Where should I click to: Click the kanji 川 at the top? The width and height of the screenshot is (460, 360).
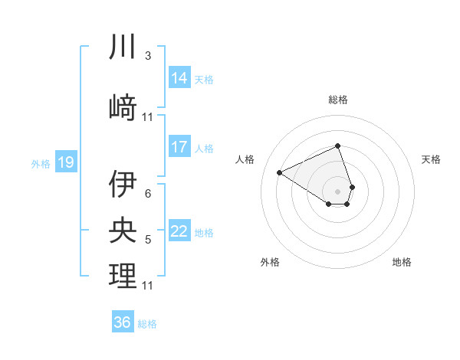tap(123, 47)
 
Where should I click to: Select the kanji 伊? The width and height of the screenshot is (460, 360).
tap(123, 185)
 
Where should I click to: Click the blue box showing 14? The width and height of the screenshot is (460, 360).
tap(179, 77)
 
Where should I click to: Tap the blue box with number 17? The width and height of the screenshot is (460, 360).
tap(179, 147)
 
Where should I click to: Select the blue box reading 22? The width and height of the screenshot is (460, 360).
tap(179, 232)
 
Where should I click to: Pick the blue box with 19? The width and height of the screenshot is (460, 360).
tap(65, 162)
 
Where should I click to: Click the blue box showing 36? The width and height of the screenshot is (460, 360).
tap(123, 322)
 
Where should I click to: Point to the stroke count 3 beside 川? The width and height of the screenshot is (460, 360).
tap(148, 56)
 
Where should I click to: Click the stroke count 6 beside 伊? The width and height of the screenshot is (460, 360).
tap(148, 193)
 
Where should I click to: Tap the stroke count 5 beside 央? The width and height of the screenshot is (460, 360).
tap(148, 240)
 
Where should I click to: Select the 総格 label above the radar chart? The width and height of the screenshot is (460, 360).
tap(338, 100)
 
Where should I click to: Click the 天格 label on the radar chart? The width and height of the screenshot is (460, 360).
tap(432, 159)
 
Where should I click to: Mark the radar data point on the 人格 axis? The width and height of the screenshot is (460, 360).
tap(280, 172)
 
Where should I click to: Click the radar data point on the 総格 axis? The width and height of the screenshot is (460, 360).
tap(338, 146)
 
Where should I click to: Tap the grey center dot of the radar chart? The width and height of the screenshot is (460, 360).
tap(338, 190)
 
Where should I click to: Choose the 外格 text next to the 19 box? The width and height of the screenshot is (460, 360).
tap(40, 163)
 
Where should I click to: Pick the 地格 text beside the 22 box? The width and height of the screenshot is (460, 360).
tap(204, 233)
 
